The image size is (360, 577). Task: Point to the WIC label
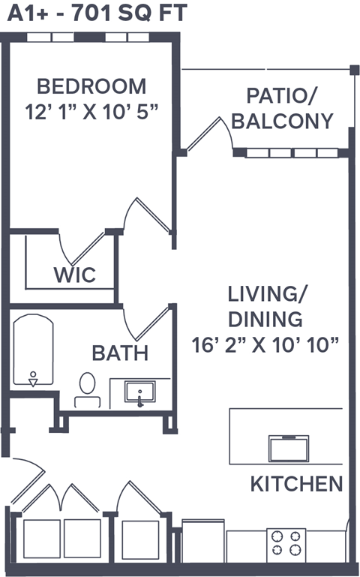[x=74, y=275]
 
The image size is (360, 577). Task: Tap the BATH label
[x=120, y=353]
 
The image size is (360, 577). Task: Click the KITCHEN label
[x=296, y=484]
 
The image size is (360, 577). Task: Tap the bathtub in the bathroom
[x=33, y=351]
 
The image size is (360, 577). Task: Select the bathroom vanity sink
[x=140, y=392]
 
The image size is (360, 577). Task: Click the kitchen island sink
[x=289, y=448]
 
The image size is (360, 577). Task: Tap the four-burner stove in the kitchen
[x=286, y=543]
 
